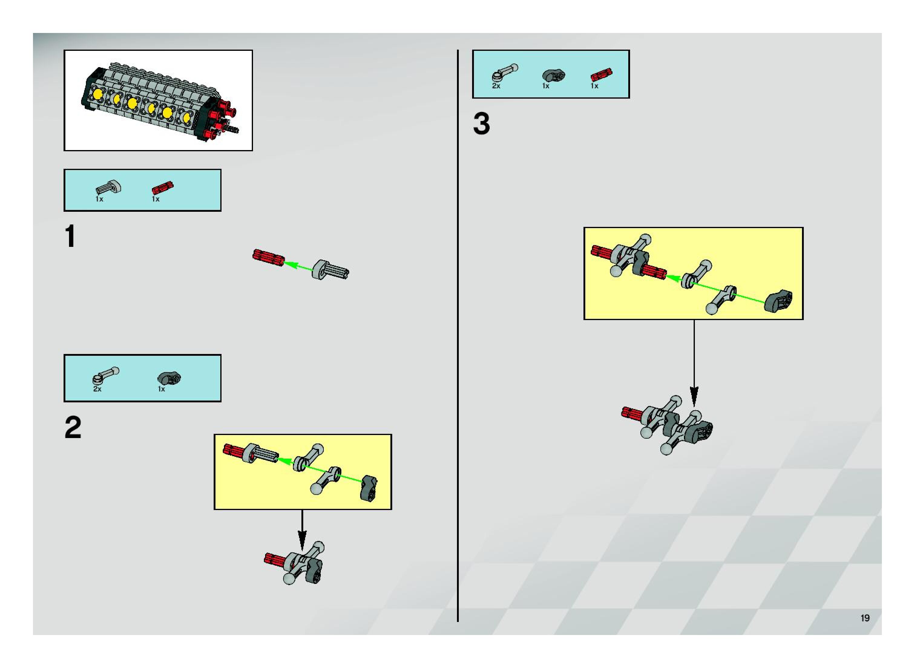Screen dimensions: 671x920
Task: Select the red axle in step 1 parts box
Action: [x=163, y=188]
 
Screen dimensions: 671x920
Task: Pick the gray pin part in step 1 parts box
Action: [x=109, y=187]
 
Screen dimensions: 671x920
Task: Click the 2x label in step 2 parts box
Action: [x=97, y=389]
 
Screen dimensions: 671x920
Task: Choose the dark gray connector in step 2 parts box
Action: [x=169, y=378]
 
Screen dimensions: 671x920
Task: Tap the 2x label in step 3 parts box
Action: [x=496, y=86]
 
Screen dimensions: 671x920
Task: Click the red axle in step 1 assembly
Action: [x=268, y=257]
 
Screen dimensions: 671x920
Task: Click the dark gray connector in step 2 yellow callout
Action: [x=370, y=488]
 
